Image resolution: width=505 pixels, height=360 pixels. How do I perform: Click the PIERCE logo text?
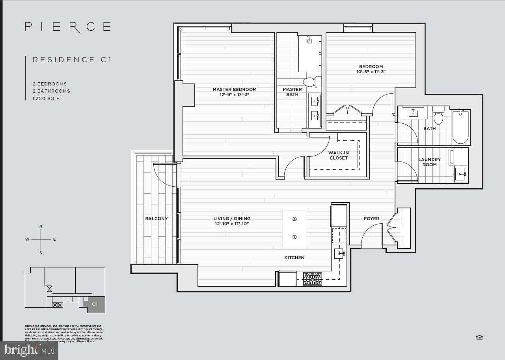click(67, 27)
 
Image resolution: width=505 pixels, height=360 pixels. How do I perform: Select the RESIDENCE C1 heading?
click(72, 60)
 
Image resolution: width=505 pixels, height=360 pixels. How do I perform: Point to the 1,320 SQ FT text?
click(48, 98)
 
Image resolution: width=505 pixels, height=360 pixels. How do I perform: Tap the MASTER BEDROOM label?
click(234, 89)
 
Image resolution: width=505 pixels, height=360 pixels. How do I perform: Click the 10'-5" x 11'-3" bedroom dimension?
click(371, 72)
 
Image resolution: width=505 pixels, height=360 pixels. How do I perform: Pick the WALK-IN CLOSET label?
click(338, 155)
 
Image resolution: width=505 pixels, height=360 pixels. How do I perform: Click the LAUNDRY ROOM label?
click(429, 162)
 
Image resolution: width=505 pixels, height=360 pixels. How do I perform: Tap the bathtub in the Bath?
click(460, 127)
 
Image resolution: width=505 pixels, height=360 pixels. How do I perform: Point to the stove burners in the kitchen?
click(312, 278)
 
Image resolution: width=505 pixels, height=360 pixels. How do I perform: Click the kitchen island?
click(294, 228)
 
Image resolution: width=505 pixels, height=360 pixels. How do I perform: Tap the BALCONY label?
click(157, 219)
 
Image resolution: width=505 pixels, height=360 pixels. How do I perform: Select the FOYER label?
click(371, 219)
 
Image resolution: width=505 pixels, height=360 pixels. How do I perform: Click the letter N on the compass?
click(41, 226)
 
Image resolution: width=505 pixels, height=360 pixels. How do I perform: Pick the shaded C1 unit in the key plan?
click(95, 304)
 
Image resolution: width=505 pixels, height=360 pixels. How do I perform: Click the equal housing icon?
click(479, 337)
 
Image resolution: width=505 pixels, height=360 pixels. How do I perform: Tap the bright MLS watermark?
click(29, 350)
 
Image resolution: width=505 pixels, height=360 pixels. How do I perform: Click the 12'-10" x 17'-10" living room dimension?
click(232, 224)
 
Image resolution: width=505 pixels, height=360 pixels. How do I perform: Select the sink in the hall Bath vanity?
click(413, 113)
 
